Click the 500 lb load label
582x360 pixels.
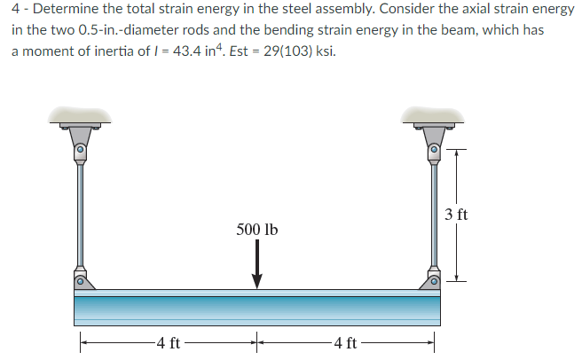point(257,230)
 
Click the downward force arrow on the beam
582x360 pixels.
point(257,265)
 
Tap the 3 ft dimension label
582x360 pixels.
point(456,215)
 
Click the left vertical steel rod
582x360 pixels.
point(80,213)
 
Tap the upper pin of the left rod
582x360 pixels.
point(80,152)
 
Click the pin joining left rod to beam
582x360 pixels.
point(80,283)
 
